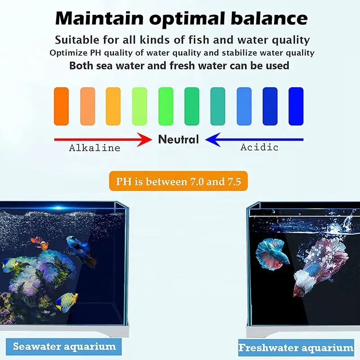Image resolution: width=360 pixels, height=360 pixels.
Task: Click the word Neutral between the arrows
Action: [x=178, y=139]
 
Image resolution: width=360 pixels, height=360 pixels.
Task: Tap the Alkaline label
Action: [x=94, y=148]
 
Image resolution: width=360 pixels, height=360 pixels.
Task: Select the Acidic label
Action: [x=259, y=147]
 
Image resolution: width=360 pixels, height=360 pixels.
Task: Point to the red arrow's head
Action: [x=148, y=139]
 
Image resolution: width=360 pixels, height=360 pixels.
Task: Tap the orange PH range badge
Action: [x=178, y=182]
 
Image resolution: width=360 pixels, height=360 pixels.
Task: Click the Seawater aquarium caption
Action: [x=64, y=346]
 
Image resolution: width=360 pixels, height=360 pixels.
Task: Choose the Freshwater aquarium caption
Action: [x=296, y=347]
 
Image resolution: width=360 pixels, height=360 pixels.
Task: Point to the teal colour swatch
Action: [x=218, y=106]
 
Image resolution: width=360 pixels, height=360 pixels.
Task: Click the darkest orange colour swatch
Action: [x=61, y=106]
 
